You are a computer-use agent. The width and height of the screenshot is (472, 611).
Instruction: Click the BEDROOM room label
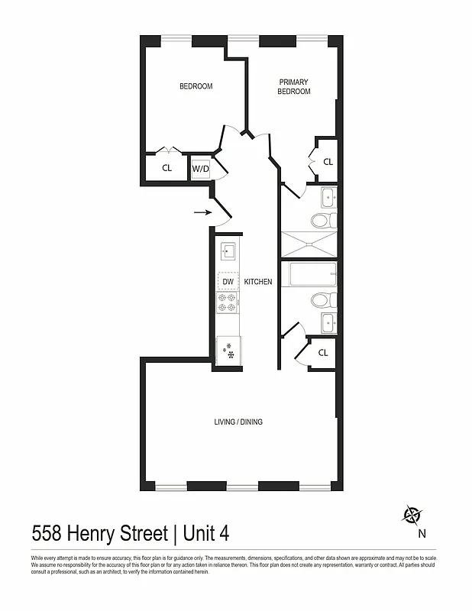pyautogui.click(x=196, y=86)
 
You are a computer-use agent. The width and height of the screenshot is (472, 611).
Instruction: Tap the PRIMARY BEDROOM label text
pyautogui.click(x=294, y=86)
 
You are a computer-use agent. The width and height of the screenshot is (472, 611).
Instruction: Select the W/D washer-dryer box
pyautogui.click(x=200, y=168)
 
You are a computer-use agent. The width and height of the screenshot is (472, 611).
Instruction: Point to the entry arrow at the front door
pyautogui.click(x=202, y=212)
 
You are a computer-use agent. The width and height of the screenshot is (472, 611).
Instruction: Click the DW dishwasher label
pyautogui.click(x=228, y=282)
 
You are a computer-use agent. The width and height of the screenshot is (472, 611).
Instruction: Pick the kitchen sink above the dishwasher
pyautogui.click(x=228, y=251)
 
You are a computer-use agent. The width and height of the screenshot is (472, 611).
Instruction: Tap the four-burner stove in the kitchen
pyautogui.click(x=228, y=303)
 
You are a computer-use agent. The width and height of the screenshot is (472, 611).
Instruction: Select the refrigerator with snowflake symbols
pyautogui.click(x=228, y=351)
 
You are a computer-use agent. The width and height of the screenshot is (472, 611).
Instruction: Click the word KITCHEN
pyautogui.click(x=258, y=282)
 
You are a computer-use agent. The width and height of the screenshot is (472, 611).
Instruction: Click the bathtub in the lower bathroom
pyautogui.click(x=309, y=273)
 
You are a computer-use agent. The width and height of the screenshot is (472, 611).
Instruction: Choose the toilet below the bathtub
pyautogui.click(x=321, y=299)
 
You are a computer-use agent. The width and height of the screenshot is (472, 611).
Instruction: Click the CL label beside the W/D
pyautogui.click(x=166, y=168)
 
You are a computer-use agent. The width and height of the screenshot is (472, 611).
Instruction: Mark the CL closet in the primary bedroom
pyautogui.click(x=328, y=162)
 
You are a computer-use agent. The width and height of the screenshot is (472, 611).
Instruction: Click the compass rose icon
pyautogui.click(x=412, y=516)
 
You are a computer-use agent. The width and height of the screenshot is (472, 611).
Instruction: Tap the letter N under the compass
pyautogui.click(x=422, y=534)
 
